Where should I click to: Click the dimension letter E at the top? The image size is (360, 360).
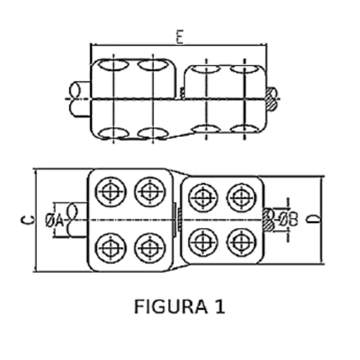pyautogui.click(x=180, y=37)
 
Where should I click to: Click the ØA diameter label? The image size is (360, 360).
pyautogui.click(x=54, y=220)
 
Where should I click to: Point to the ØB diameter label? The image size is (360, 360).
pyautogui.click(x=288, y=220)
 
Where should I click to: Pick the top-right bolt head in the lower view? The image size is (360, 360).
pyautogui.click(x=242, y=198)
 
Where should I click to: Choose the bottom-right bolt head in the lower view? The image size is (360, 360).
pyautogui.click(x=242, y=242)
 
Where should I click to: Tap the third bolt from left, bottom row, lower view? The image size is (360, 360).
pyautogui.click(x=203, y=242)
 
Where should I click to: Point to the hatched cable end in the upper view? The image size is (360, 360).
pyautogui.click(x=271, y=99)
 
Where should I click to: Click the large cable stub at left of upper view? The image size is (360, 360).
pyautogui.click(x=79, y=99)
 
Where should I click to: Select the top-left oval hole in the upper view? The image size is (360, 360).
pyautogui.click(x=113, y=65)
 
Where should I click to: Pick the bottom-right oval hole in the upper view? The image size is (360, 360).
pyautogui.click(x=244, y=129)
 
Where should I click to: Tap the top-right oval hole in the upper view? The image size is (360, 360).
pyautogui.click(x=244, y=69)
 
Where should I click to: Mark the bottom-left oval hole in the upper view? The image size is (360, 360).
pyautogui.click(x=113, y=133)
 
